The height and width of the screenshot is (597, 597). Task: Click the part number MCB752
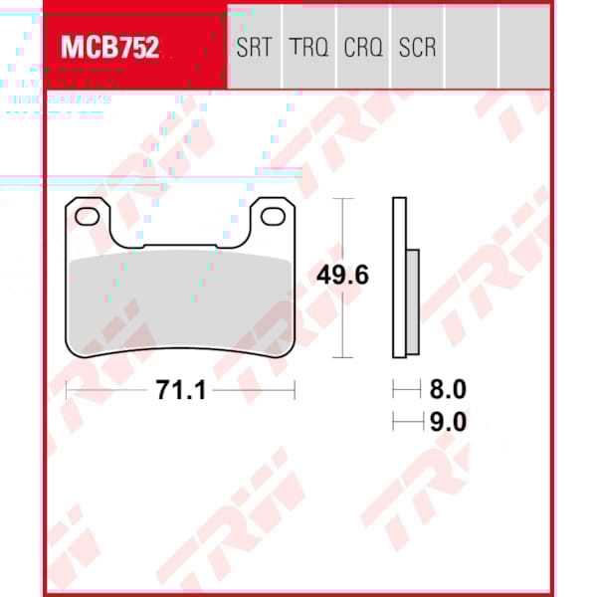point(110,47)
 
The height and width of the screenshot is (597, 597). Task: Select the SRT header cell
point(255,47)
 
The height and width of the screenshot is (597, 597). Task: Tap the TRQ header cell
point(308,47)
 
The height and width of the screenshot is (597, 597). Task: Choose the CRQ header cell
point(363,47)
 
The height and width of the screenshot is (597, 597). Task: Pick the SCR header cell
point(417,47)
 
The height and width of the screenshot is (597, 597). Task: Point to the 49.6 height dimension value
point(342,275)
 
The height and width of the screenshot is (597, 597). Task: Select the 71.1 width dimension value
point(180,391)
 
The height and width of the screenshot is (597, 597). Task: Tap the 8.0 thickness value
point(448,390)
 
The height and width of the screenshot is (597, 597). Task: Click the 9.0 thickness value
point(448,422)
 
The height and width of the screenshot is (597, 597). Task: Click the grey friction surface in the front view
point(179,298)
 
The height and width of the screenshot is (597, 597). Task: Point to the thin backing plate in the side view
point(400,279)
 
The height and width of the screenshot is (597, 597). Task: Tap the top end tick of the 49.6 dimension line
point(343,199)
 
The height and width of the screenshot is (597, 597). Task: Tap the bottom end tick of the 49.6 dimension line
point(343,357)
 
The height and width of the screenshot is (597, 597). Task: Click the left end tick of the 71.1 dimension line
point(66,391)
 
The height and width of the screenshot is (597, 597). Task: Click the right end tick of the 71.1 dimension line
point(295,391)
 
